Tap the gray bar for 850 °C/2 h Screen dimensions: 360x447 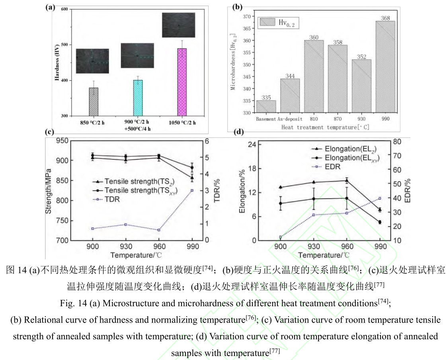point(94,102)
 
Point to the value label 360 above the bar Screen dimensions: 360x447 point(314,37)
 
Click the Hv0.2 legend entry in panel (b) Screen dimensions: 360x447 point(279,22)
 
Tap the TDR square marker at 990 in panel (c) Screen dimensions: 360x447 point(192,190)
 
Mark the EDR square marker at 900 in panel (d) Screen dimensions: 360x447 point(281,237)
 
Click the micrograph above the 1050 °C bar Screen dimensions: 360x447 point(178,25)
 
